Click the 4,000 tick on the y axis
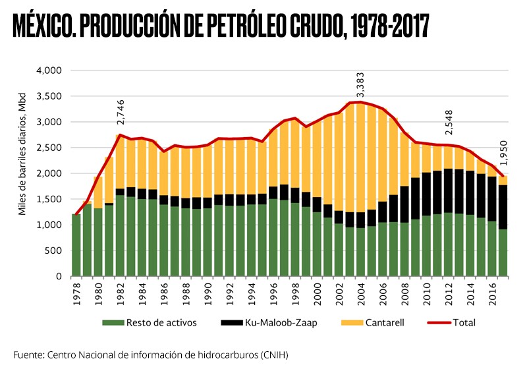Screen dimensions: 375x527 click(x=49, y=71)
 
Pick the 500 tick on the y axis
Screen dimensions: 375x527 click(x=54, y=250)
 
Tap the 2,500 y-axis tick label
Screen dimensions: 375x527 click(x=49, y=148)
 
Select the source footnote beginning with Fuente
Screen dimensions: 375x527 click(x=151, y=355)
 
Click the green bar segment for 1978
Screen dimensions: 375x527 click(x=76, y=245)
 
